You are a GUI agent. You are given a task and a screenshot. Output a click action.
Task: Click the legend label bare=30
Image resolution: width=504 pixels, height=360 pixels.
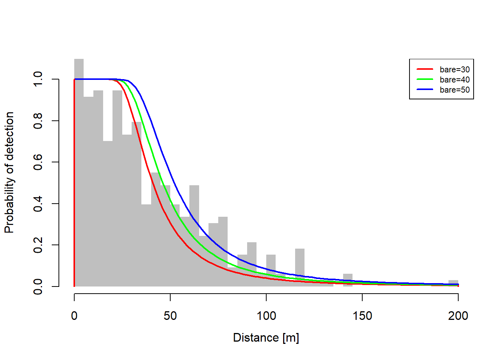pos(454,69)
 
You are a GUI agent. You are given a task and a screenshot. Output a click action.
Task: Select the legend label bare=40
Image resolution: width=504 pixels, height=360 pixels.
pos(454,79)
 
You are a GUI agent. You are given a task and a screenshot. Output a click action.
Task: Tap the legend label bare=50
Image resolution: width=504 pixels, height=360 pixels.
pos(454,90)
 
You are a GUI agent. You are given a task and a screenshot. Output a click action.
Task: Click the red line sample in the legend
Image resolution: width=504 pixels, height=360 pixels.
pos(425,69)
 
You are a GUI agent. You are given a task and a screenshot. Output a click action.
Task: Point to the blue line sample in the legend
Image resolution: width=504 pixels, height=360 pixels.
pos(425,90)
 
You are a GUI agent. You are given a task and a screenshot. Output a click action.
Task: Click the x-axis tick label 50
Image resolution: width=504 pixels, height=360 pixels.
pos(170,316)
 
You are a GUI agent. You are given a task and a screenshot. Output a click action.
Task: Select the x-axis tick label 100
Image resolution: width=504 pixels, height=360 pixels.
pos(266,316)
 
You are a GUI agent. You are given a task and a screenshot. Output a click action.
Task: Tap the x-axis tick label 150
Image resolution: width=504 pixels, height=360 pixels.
pos(362,316)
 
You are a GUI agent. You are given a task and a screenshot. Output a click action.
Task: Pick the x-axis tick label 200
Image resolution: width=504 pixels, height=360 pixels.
pos(458,316)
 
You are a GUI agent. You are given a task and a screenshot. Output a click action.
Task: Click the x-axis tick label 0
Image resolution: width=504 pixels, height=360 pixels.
pos(74,316)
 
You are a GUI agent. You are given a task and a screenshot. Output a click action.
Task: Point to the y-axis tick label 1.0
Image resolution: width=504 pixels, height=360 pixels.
pos(38,79)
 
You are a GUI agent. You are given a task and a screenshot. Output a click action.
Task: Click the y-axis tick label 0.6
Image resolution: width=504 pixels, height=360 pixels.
pos(38,162)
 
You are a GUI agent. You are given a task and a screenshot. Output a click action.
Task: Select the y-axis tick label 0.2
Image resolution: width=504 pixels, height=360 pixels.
pos(38,245)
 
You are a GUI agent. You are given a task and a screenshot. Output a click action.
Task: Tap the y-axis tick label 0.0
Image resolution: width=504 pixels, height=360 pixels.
pos(38,286)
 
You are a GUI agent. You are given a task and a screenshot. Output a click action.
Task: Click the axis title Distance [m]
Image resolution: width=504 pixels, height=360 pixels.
pos(266,337)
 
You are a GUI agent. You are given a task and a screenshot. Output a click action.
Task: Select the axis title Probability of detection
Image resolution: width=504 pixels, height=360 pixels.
pos(9,172)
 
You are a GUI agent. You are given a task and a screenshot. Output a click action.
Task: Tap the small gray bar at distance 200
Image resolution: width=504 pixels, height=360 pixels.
pos(453,282)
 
